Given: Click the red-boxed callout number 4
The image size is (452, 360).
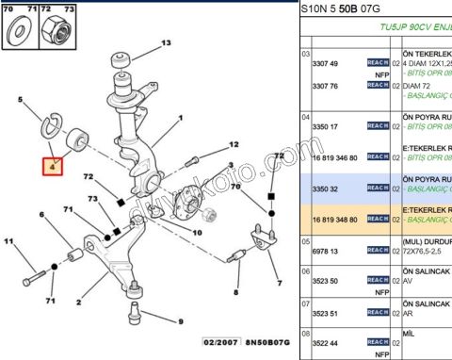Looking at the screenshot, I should coord(53,166).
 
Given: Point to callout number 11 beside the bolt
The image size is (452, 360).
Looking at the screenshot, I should coord(10,243).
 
